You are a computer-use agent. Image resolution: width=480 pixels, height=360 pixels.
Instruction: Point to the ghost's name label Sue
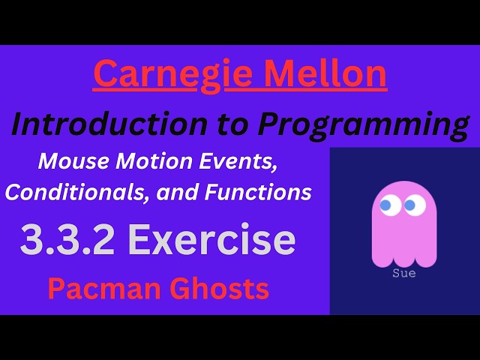click(x=404, y=274)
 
